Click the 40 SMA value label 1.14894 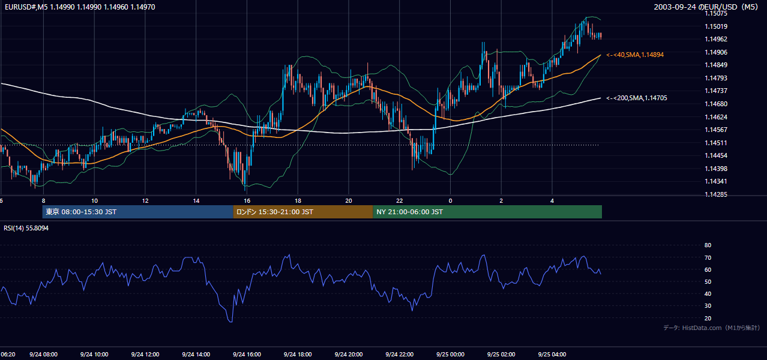[x=635, y=55]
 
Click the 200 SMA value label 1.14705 [x=637, y=98]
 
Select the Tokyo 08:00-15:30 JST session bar [x=137, y=212]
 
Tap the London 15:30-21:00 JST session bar [x=303, y=212]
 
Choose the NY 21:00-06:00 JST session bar [x=487, y=212]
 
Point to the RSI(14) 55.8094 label [x=26, y=228]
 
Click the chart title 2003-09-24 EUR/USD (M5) [x=706, y=7]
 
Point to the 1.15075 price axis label [x=716, y=13]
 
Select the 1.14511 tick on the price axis [x=716, y=143]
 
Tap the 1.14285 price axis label [x=716, y=194]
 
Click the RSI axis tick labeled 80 [x=708, y=245]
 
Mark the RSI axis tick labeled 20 [x=708, y=318]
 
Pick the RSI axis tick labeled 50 [x=708, y=281]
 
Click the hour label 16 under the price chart [x=247, y=201]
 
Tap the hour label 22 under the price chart [x=400, y=201]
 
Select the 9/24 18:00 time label [x=298, y=355]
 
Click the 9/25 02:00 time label [x=501, y=355]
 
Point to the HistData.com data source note [x=712, y=328]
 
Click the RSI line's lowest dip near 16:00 [x=231, y=322]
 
